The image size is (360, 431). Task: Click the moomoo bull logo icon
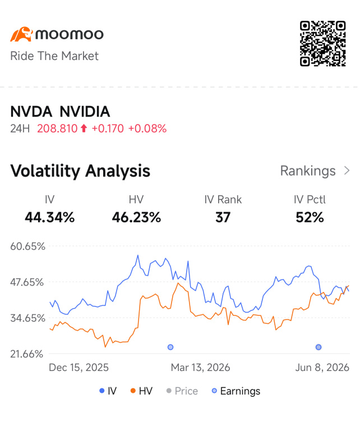pos(21,34)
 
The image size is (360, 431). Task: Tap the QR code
pos(322,43)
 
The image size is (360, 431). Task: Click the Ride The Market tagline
pos(54,56)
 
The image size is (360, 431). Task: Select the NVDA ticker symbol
pos(31,112)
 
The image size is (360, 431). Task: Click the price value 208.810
pos(57,129)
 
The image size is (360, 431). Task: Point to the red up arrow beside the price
pos(84,129)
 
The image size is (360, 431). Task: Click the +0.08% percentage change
pos(147,129)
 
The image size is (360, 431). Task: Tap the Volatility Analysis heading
pos(80,171)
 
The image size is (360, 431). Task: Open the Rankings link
pos(315,171)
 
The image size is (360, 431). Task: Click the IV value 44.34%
pos(50,217)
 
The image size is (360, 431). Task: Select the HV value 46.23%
pos(136,217)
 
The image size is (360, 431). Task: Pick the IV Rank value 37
pos(223,217)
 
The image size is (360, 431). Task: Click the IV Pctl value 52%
pos(310,217)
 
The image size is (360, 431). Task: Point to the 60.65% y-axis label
pos(27,246)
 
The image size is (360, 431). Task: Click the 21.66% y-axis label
pos(27,354)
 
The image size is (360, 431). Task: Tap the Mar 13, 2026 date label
pos(200,368)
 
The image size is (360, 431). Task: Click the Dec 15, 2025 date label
pos(79,368)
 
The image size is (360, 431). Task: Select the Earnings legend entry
pos(236,391)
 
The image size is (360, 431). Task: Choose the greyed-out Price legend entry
pos(182,391)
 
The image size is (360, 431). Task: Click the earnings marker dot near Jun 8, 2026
pos(319,347)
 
